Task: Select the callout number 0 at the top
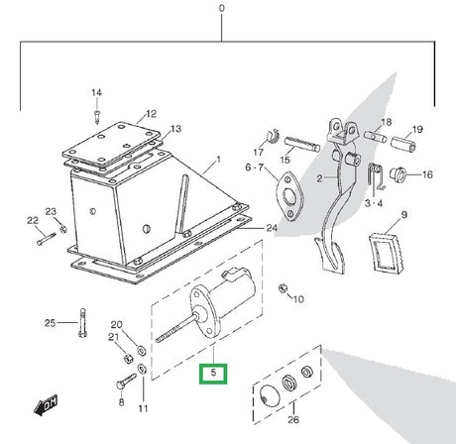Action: click(223, 8)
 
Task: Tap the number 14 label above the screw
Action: click(97, 93)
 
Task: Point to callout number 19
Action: click(417, 130)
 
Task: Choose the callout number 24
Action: click(271, 228)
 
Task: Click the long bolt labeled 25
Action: click(82, 324)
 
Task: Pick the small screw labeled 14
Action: click(97, 113)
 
